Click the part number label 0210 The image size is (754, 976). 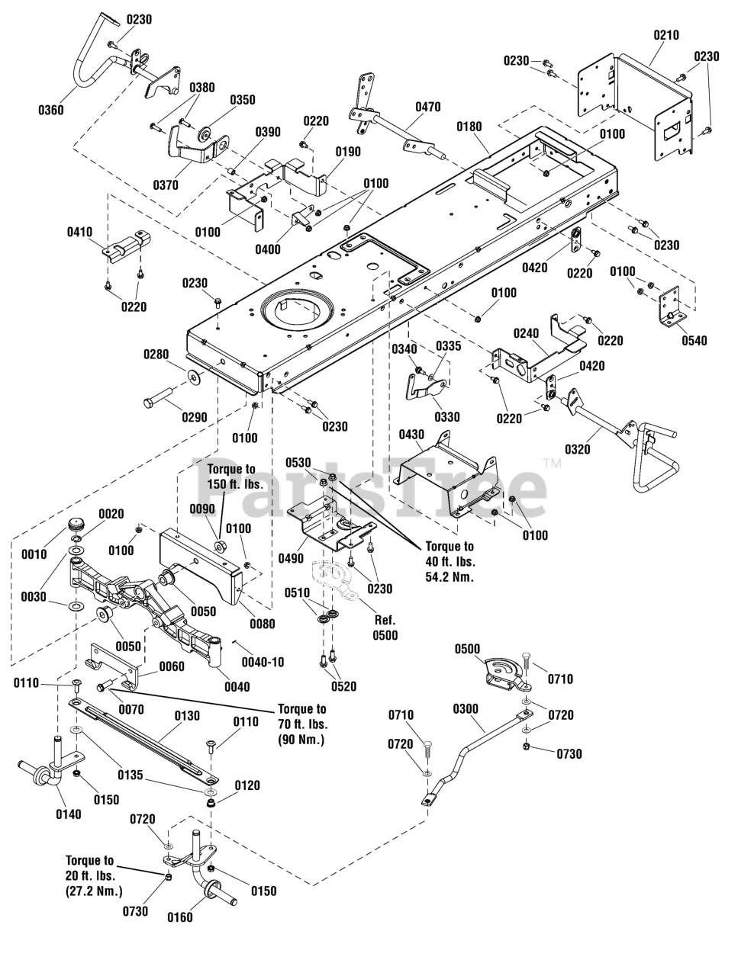tap(666, 35)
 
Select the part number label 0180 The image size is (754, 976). tap(469, 127)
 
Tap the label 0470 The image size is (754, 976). tap(428, 107)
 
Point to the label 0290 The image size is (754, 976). tap(194, 417)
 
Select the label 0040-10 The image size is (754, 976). tap(263, 662)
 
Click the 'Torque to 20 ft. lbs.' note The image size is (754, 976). tap(94, 876)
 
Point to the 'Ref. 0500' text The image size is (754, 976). tap(385, 628)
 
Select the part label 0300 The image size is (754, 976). tap(466, 709)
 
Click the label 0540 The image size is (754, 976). tap(694, 341)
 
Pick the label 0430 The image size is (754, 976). tap(411, 435)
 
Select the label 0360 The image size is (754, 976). tap(51, 110)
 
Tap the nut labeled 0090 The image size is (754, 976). tap(221, 547)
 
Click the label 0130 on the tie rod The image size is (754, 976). tap(187, 715)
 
